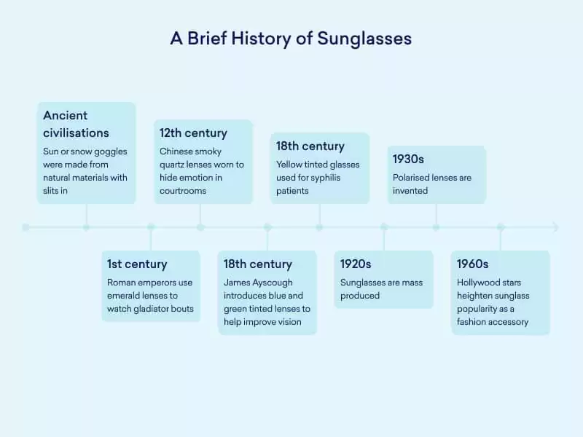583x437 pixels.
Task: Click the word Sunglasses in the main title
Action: (364, 39)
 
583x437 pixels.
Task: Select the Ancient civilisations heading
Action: (76, 124)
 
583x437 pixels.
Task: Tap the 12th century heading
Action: (193, 133)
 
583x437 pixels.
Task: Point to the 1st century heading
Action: (137, 264)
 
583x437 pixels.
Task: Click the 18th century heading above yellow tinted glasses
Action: (310, 146)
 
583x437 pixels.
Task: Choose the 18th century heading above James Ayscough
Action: (257, 264)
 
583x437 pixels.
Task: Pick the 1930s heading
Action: (409, 159)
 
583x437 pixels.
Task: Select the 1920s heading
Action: (356, 264)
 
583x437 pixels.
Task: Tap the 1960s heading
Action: (472, 264)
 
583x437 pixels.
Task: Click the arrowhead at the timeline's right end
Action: (556, 227)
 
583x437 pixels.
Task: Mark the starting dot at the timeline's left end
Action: (26, 227)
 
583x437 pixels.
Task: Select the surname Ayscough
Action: (273, 283)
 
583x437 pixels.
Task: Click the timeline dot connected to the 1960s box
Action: (501, 227)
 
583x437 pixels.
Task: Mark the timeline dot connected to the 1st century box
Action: (151, 227)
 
